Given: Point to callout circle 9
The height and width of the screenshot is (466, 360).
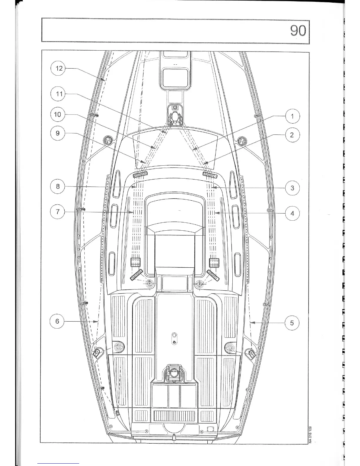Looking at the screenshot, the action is pos(58,133).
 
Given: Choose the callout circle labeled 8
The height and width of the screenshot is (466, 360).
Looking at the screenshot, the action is pos(58,186).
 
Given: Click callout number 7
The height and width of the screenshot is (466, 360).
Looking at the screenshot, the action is pos(58,212).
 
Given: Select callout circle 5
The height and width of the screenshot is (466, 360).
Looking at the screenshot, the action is pos(292,323).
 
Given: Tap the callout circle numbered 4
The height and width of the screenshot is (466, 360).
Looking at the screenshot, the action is pos(292,213).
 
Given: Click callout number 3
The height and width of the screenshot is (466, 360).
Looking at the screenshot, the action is pos(292,188).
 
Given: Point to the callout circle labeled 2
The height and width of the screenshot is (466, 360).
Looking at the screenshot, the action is pos(292,135).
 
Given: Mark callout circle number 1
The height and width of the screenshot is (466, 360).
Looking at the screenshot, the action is pos(292,116).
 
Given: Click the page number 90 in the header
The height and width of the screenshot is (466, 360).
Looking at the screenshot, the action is pos(298,31).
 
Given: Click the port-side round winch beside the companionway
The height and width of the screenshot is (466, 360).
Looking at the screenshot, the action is pos(150,284).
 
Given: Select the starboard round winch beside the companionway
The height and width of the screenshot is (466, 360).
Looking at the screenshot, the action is pos(199,284).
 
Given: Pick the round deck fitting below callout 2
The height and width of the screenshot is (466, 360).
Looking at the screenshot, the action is pos(242,141).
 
